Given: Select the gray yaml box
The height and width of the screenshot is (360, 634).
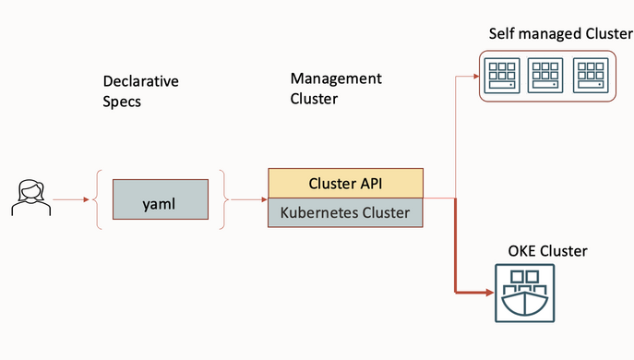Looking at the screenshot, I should coord(161,199).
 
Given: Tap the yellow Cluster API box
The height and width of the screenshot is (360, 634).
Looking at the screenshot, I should coord(345,183).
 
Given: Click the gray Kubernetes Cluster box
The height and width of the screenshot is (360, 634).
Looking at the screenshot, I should coord(345,213).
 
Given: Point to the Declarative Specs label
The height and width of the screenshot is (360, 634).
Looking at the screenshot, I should coord(140,90).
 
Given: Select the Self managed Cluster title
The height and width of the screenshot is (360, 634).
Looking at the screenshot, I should coord(560,34).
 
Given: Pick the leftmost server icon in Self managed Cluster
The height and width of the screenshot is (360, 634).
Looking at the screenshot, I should coord(503,77).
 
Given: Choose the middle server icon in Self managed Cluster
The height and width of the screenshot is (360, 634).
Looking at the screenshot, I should coord(546,77).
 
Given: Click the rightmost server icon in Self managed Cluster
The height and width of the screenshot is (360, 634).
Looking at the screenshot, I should coord(591,77).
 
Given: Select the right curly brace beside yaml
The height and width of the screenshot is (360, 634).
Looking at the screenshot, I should coord(222,199).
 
